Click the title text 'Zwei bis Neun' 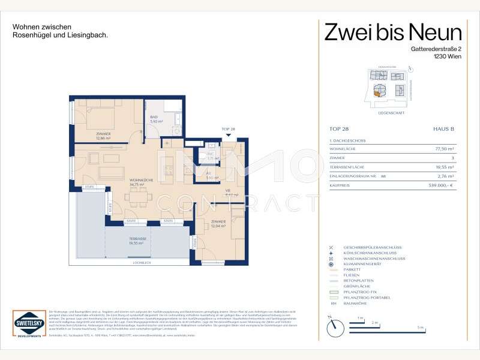393,32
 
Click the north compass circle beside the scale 334,328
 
